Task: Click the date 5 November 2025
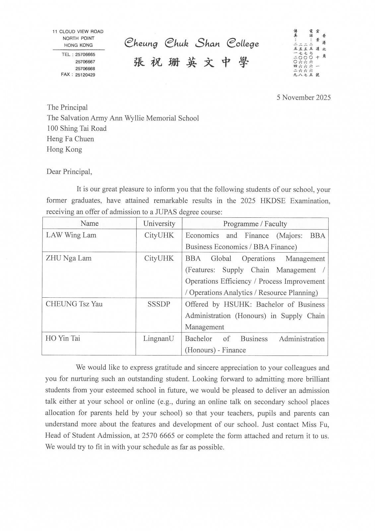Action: point(303,98)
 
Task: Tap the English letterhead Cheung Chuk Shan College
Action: point(192,43)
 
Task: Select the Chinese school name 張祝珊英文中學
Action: point(191,62)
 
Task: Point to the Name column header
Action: point(90,223)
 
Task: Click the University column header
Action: point(159,224)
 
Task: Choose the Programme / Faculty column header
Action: point(255,224)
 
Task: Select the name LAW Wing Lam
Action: point(71,235)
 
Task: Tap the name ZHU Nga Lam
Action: point(69,258)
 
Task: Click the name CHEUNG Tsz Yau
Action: point(74,304)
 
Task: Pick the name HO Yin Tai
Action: point(63,339)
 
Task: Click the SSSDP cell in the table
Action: point(159,304)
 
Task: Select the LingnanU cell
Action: point(158,339)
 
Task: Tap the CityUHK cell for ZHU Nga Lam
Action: point(159,258)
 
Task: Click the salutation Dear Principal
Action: point(69,172)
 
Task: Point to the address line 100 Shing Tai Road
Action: point(77,128)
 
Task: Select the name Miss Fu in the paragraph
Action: point(315,424)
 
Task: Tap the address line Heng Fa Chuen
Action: point(70,139)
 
